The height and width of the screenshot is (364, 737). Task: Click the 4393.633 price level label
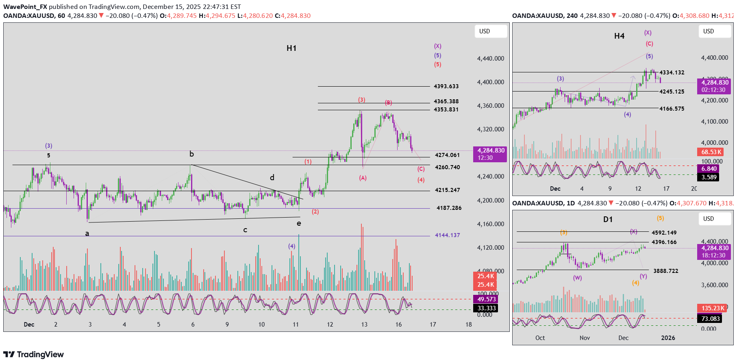[446, 86]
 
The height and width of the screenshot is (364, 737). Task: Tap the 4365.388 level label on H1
[446, 101]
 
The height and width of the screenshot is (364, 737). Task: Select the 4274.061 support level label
[447, 155]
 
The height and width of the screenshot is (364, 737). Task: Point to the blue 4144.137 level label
[447, 235]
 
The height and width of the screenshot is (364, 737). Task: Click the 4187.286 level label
[449, 208]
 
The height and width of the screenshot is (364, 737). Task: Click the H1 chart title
[291, 48]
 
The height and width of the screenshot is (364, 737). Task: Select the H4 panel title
[619, 36]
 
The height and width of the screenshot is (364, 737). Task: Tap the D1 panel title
[608, 220]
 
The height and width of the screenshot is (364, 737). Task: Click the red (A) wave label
[363, 178]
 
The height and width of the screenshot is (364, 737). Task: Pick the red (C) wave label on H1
[421, 169]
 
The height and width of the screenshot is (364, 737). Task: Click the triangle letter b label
[191, 154]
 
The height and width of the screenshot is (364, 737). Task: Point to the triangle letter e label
[299, 223]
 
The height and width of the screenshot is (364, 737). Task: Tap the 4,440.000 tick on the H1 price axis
[490, 59]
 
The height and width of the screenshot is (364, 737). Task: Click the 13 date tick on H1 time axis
[364, 325]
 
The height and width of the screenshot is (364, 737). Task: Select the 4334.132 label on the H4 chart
[672, 72]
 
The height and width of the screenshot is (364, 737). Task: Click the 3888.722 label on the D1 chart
[665, 271]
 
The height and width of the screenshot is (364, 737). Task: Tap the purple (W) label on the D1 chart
[577, 278]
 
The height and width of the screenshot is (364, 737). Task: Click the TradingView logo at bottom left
[34, 354]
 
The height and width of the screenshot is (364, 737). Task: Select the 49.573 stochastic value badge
[486, 299]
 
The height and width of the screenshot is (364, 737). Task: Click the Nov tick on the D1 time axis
[585, 338]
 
